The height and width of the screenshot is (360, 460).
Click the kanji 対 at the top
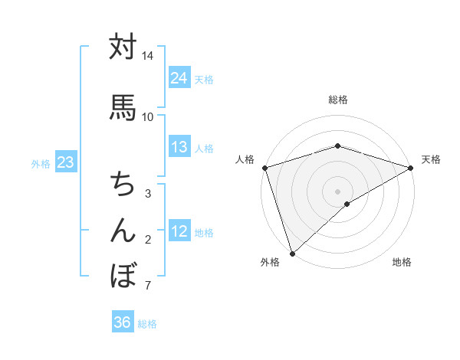point(123,47)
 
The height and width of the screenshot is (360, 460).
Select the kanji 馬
point(123,106)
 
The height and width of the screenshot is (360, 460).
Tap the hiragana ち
point(123,185)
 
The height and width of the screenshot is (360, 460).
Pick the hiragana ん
point(123,229)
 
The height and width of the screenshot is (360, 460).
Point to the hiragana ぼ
point(123,273)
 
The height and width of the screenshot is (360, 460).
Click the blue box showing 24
point(179,78)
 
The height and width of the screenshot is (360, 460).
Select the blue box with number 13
point(179,147)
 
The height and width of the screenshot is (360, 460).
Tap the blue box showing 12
point(179,231)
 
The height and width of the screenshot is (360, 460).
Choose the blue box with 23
point(65,162)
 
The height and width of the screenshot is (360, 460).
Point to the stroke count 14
point(148,57)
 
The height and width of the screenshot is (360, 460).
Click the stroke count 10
point(148,116)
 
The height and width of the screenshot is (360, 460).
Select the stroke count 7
point(148,286)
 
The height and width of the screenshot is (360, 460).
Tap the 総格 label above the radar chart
point(337,100)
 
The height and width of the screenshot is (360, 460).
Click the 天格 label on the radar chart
point(431,159)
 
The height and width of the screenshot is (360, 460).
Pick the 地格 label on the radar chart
point(402,262)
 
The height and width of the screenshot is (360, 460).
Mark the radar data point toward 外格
point(292,253)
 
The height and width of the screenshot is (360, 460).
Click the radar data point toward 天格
point(410,167)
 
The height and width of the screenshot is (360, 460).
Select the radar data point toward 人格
point(264,167)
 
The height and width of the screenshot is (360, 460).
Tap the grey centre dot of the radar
point(337,191)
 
